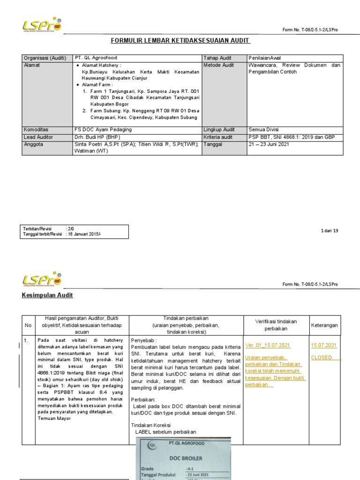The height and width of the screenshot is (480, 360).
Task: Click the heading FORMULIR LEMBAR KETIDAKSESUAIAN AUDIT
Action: [x=180, y=41]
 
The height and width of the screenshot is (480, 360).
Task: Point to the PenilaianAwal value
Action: [x=265, y=58]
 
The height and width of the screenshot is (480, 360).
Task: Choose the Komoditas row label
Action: [x=36, y=129]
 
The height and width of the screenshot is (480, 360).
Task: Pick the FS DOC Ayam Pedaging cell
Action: [x=103, y=129]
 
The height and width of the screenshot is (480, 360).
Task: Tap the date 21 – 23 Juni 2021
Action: [x=269, y=144]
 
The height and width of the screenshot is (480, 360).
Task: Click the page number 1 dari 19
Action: [x=329, y=231]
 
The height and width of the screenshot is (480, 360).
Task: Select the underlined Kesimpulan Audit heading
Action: [x=47, y=295]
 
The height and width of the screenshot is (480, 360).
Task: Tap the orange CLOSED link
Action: [x=322, y=357]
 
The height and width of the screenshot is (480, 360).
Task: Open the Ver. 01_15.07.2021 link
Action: [x=268, y=345]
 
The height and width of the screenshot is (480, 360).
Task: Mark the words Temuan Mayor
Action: [x=55, y=418]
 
